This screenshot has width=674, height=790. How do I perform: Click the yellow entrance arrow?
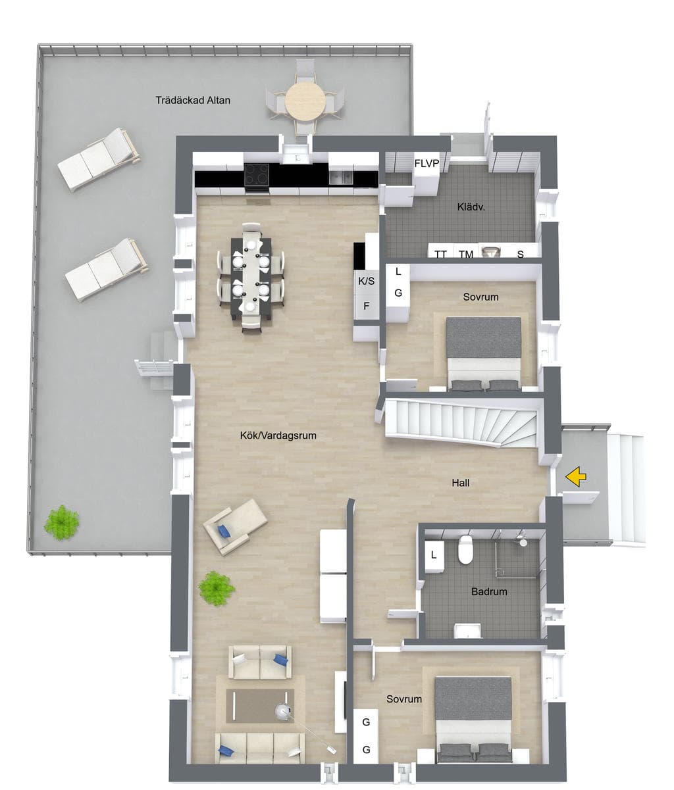point(576,477)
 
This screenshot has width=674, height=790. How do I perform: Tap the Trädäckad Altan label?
point(193,101)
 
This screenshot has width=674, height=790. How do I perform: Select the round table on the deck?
point(305,102)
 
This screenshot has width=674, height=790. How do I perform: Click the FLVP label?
point(427,164)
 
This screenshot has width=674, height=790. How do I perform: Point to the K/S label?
point(366,282)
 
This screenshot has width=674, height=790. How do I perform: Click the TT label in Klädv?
point(440,254)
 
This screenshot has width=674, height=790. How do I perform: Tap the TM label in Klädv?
point(466,254)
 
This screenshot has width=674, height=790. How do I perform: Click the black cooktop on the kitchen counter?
point(256,175)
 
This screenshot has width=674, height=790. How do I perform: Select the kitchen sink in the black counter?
point(341,178)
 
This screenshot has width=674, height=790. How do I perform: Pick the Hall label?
point(461,483)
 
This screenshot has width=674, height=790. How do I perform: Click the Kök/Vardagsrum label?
point(278,435)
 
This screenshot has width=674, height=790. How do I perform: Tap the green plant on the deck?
point(62,522)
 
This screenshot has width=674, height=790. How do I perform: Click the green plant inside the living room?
point(217,588)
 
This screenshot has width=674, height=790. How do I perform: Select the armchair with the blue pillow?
point(235,527)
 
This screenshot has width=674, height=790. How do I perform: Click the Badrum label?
point(489,591)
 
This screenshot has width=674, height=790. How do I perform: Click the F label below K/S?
point(367,306)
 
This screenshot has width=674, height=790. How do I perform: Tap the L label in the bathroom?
point(433,555)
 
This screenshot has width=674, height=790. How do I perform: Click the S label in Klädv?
point(520,254)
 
